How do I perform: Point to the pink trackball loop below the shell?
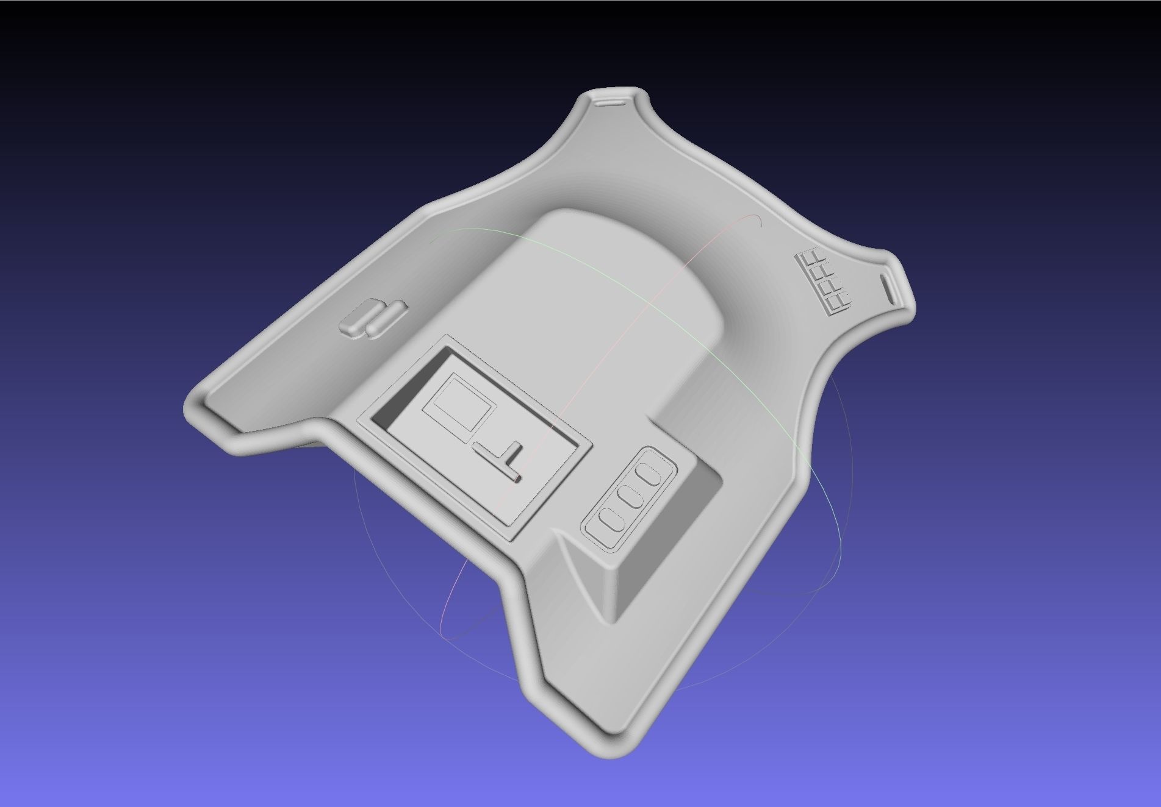451,622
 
